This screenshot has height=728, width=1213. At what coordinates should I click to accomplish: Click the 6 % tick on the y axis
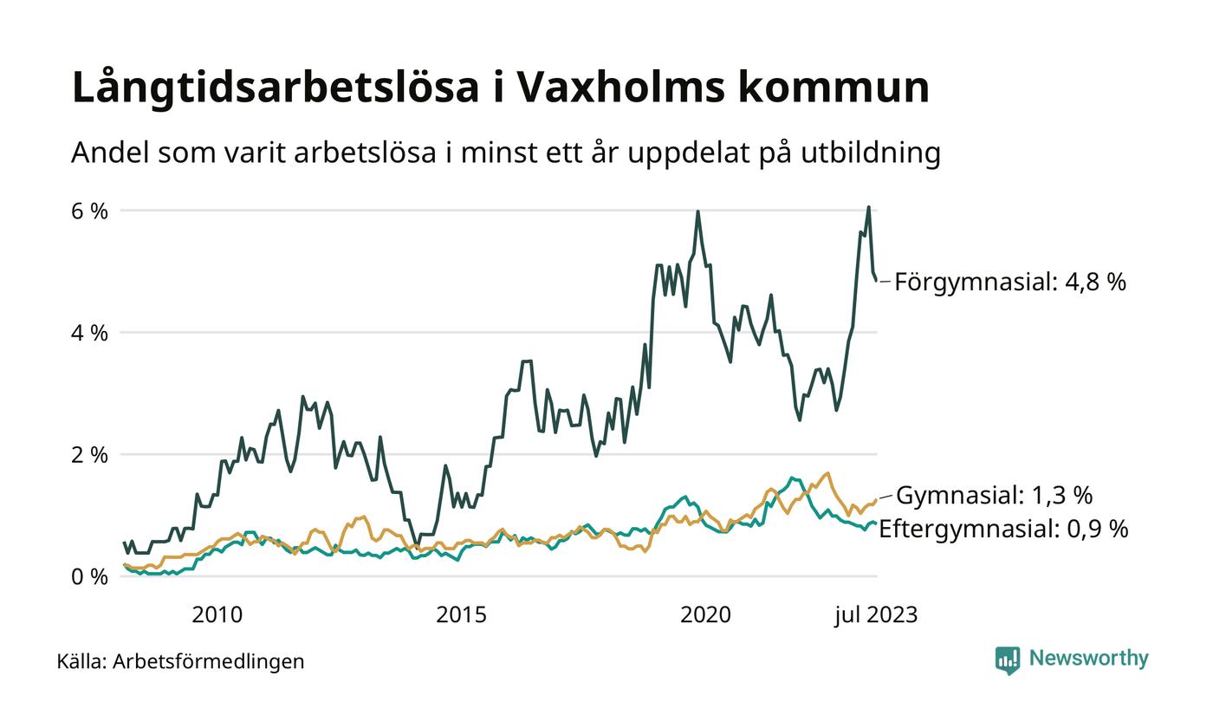point(89,211)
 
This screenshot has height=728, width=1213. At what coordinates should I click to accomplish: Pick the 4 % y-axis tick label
point(89,333)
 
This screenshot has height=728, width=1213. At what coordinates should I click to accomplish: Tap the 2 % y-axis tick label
point(89,455)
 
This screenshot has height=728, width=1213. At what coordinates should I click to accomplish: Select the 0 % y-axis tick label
point(89,576)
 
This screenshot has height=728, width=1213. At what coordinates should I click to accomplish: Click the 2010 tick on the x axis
point(217,615)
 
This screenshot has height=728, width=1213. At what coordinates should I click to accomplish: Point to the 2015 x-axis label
point(461,615)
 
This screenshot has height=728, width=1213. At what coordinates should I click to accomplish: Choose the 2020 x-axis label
point(705,615)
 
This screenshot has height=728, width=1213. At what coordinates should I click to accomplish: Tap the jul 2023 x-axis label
point(876,615)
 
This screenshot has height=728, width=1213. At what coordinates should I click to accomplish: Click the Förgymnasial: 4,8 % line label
point(1010,282)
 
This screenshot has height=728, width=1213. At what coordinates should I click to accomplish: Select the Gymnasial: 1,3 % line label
point(994,496)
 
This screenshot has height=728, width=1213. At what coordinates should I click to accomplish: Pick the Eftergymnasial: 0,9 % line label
point(1003,529)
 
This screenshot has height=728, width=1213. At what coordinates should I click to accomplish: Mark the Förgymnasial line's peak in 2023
point(868,207)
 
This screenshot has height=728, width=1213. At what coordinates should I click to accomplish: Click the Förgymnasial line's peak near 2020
point(697,211)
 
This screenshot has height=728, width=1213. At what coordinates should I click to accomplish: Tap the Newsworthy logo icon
point(1008,660)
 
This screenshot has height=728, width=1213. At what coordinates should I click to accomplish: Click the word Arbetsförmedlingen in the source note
point(209,662)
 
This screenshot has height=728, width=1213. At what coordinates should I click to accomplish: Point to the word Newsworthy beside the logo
point(1089,659)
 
